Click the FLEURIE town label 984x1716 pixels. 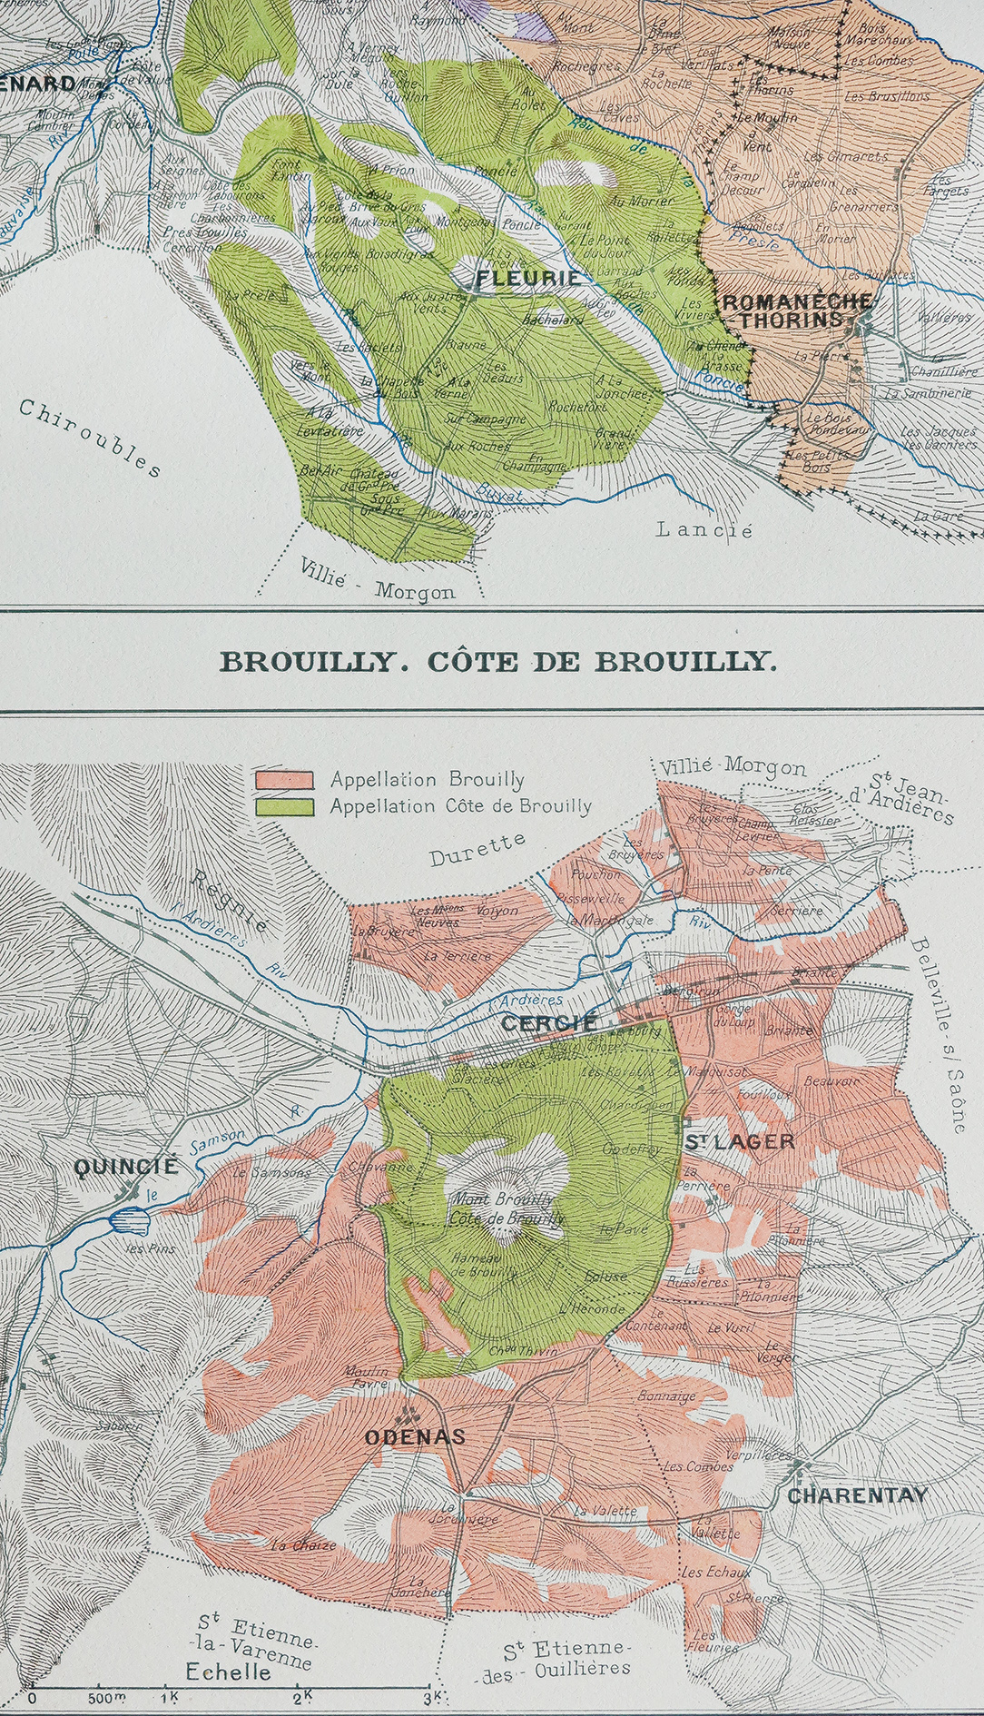tap(528, 278)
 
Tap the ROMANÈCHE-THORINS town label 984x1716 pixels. tap(796, 311)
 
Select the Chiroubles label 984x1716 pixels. tap(90, 437)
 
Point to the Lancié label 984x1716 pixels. tap(704, 528)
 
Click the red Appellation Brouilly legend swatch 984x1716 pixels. tap(285, 779)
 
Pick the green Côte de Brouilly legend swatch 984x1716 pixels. tap(285, 805)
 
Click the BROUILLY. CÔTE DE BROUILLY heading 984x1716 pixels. tap(498, 661)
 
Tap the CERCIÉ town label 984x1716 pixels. tap(550, 1023)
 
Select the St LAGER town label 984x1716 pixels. tap(739, 1142)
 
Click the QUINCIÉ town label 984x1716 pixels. tap(126, 1167)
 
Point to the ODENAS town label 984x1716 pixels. tap(415, 1436)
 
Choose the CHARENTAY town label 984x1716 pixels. tap(857, 1495)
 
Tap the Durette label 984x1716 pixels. tap(477, 849)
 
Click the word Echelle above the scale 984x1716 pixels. tap(228, 1671)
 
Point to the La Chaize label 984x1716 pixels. tap(303, 1544)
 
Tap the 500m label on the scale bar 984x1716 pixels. tap(107, 1697)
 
